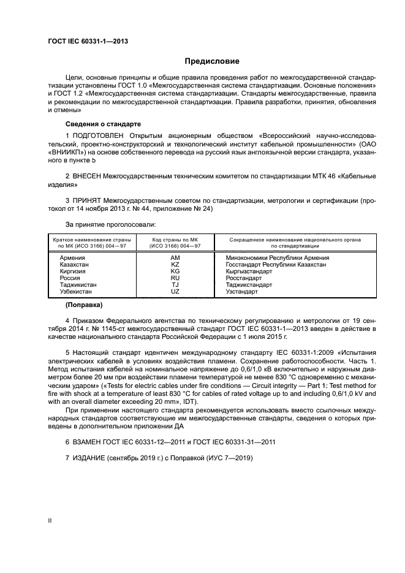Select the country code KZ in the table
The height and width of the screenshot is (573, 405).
pos(175,265)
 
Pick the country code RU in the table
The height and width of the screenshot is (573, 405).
pos(175,278)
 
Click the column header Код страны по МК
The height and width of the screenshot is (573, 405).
pos(175,239)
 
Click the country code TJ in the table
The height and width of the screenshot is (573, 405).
pos(175,285)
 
